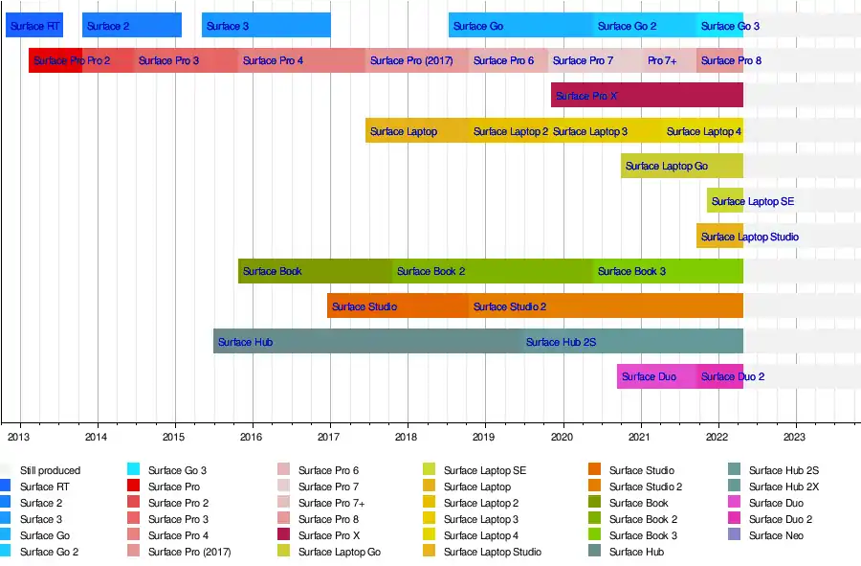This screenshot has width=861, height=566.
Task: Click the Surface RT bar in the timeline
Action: point(34,26)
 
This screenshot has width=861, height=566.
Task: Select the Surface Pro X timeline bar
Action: point(647,96)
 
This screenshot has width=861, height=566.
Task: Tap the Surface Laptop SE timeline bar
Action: point(725,201)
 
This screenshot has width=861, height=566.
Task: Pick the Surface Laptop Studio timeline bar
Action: point(719,237)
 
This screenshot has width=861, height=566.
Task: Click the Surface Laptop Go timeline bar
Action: point(681,166)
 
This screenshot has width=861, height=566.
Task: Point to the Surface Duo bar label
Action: point(649,376)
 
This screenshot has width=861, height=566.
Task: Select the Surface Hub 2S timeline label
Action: point(561,342)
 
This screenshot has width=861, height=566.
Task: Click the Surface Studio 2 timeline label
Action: point(510,306)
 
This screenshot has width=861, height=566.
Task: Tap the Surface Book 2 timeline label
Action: point(430,271)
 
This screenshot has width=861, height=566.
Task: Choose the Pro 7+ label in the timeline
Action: point(662,60)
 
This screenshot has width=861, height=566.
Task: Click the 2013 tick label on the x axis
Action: point(18,437)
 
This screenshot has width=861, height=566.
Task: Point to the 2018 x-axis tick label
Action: point(408,437)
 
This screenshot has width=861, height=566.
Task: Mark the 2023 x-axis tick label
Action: point(795,437)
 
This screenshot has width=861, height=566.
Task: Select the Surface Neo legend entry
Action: point(776,535)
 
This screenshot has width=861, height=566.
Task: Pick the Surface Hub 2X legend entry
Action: point(784,487)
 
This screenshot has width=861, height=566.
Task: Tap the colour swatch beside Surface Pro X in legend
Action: point(284,535)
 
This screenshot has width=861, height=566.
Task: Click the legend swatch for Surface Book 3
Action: point(595,535)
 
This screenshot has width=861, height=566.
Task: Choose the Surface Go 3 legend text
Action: point(176,470)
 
